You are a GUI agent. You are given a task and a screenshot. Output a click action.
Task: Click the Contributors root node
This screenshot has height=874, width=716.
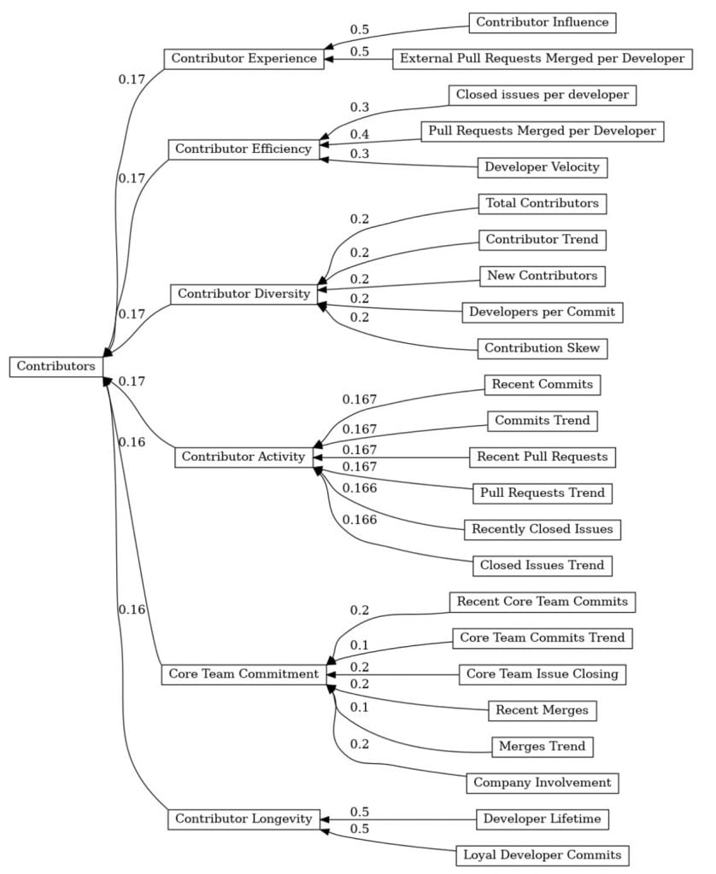[x=56, y=366]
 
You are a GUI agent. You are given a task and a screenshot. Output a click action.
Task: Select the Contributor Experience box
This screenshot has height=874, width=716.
[x=244, y=59]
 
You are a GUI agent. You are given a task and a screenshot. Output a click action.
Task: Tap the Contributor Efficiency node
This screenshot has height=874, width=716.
[x=244, y=149]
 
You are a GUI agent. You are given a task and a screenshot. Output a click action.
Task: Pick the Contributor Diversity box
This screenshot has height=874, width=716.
[x=244, y=294]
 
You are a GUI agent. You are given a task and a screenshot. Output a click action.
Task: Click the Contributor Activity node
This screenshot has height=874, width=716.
[x=244, y=457]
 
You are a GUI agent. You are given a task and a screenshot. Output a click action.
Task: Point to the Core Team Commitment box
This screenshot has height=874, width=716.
[x=244, y=673]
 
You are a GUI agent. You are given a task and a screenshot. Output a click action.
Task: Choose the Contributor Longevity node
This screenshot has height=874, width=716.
[x=244, y=819]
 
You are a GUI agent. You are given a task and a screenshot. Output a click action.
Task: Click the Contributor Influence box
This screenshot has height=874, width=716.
[x=542, y=23]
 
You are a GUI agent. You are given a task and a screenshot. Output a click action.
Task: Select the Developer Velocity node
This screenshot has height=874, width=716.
[x=542, y=167]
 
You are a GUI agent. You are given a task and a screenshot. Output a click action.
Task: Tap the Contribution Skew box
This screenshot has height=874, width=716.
[x=542, y=348]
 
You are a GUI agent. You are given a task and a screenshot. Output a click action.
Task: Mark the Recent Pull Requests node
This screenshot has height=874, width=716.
[x=542, y=457]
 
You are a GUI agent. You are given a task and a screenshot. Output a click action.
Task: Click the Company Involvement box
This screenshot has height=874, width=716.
[x=542, y=782]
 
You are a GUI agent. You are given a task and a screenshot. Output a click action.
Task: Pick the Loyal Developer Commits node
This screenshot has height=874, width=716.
[x=542, y=854]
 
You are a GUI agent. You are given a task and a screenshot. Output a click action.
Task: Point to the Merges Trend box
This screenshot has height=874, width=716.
[x=542, y=746]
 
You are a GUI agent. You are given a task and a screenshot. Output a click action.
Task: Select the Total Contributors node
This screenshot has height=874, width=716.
[x=542, y=204]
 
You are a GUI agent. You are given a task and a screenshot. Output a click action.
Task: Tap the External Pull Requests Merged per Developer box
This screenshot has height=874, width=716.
[x=542, y=59]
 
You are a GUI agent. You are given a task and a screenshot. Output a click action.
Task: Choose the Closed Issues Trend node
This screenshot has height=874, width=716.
[x=542, y=565]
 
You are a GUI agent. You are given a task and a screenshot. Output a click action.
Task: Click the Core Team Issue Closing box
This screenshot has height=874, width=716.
[x=542, y=673]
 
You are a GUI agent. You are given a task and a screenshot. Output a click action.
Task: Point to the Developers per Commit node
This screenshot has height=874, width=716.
[x=542, y=312]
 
